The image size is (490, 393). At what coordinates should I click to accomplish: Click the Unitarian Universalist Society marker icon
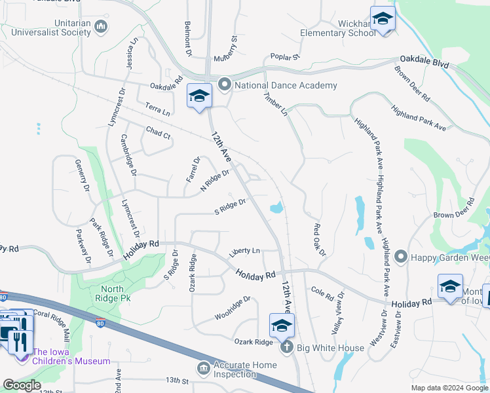click(x=101, y=27)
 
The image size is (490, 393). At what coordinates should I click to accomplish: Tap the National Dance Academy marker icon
click(x=225, y=84)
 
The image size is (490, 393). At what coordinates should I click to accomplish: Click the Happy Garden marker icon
click(x=401, y=257)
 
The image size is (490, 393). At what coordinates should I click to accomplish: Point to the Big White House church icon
click(x=286, y=347)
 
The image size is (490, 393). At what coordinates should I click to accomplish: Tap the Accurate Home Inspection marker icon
click(x=204, y=369)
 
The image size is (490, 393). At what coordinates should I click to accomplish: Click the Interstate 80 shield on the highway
click(x=100, y=323)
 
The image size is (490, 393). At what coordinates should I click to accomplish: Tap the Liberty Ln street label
click(x=244, y=251)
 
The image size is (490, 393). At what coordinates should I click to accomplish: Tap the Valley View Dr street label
click(x=338, y=314)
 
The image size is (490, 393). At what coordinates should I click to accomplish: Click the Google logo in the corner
click(x=22, y=385)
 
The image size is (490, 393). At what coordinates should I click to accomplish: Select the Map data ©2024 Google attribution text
click(x=449, y=388)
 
